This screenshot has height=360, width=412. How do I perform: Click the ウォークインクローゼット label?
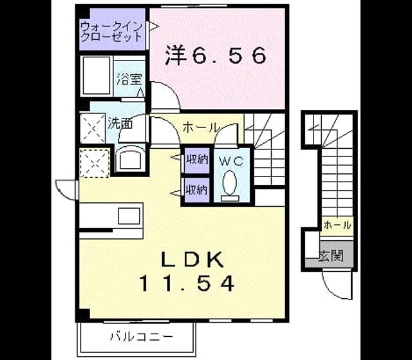[111, 32]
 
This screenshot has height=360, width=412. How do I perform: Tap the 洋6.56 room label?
[216, 56]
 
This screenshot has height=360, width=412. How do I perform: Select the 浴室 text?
[129, 79]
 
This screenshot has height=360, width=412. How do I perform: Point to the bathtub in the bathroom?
[97, 75]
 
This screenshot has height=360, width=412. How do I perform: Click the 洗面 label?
[120, 123]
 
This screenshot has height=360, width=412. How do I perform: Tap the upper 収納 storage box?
[197, 160]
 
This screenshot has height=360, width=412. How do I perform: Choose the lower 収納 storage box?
[197, 190]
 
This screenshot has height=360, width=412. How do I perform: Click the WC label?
[231, 161]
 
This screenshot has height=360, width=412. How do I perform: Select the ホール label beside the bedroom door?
[201, 128]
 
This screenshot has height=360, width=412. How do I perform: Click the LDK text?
[192, 260]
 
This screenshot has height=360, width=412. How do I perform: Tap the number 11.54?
[187, 283]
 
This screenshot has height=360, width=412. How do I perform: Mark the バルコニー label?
[142, 336]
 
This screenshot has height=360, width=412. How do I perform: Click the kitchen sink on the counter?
[129, 216]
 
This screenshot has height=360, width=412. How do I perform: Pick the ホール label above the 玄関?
[337, 225]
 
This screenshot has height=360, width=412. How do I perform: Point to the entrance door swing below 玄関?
[337, 285]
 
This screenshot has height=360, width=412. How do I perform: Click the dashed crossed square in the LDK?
[95, 164]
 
